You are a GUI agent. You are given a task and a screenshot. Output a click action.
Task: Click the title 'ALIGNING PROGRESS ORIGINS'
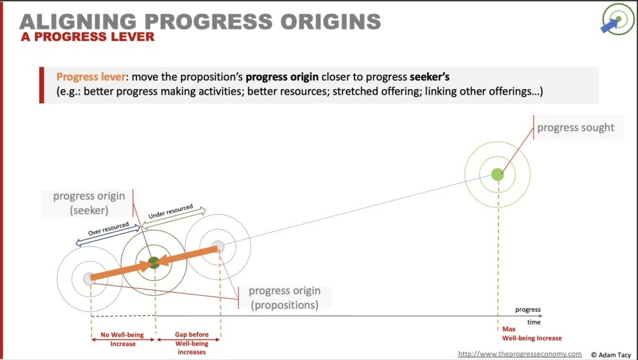pyautogui.click(x=200, y=22)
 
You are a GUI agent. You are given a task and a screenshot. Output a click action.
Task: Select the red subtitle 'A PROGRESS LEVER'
pyautogui.click(x=87, y=37)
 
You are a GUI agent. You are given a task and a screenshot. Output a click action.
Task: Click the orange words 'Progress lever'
pyautogui.click(x=91, y=77)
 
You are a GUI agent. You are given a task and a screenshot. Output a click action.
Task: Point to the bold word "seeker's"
pyautogui.click(x=430, y=77)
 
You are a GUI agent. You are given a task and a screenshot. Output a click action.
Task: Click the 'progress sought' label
pyautogui.click(x=576, y=127)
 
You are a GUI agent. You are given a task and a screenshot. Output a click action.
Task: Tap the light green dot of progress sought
pyautogui.click(x=497, y=174)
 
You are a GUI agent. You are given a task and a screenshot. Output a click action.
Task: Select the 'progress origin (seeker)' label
pyautogui.click(x=89, y=202)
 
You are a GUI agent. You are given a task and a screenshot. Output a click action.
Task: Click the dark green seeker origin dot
pyautogui.click(x=154, y=263)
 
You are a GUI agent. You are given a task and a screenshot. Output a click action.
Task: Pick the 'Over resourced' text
pyautogui.click(x=108, y=229)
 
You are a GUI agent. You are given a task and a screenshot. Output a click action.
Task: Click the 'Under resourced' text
pyautogui.click(x=171, y=212)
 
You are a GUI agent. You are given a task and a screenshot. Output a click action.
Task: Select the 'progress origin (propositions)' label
pyautogui.click(x=284, y=298)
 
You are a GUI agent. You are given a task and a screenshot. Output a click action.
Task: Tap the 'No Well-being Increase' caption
pyautogui.click(x=123, y=339)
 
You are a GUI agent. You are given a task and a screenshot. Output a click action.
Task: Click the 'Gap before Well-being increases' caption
pyautogui.click(x=192, y=343)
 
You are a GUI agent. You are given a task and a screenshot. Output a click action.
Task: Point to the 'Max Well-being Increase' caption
pyautogui.click(x=532, y=334)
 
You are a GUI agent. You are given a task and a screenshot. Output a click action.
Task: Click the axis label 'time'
pyautogui.click(x=534, y=322)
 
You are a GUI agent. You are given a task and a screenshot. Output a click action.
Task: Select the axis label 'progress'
pyautogui.click(x=528, y=310)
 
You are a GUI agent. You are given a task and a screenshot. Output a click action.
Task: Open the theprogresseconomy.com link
pyautogui.click(x=520, y=354)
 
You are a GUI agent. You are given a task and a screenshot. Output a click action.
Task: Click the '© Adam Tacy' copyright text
pyautogui.click(x=611, y=355)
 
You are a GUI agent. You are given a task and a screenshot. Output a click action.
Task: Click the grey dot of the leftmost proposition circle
pyautogui.click(x=90, y=279)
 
